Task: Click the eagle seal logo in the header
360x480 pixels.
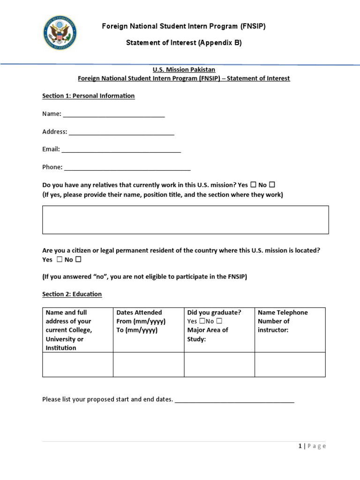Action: click(x=60, y=33)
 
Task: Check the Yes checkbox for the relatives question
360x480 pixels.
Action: click(x=254, y=185)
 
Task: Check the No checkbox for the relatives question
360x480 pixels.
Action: click(x=272, y=185)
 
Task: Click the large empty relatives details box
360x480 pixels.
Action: click(x=185, y=219)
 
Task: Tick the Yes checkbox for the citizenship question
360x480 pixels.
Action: click(x=60, y=260)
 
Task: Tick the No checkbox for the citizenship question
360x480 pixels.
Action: click(x=78, y=260)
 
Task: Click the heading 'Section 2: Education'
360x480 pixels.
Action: click(x=72, y=294)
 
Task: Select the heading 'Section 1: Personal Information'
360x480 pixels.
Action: click(x=88, y=96)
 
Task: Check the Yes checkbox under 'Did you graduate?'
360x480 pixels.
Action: click(x=202, y=322)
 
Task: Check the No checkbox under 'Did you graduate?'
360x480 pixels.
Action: click(x=219, y=322)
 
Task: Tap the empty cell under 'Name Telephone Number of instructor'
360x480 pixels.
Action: click(x=290, y=364)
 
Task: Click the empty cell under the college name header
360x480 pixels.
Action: click(x=77, y=364)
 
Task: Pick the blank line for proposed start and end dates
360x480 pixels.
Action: click(x=234, y=401)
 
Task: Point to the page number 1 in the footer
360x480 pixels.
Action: click(x=300, y=446)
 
